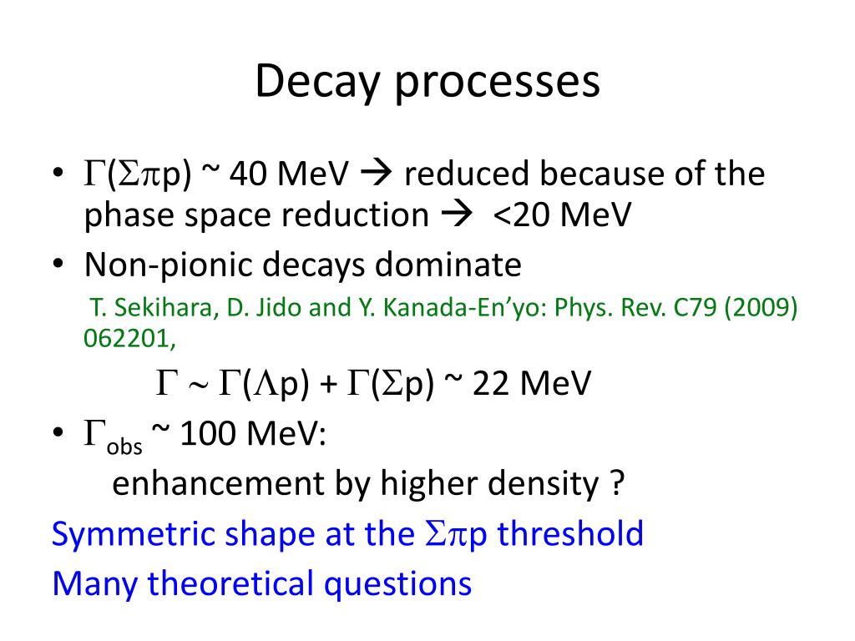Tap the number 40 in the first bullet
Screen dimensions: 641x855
(x=249, y=175)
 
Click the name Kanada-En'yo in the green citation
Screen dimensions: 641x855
(x=429, y=308)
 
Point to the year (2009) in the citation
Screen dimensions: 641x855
(x=761, y=308)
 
